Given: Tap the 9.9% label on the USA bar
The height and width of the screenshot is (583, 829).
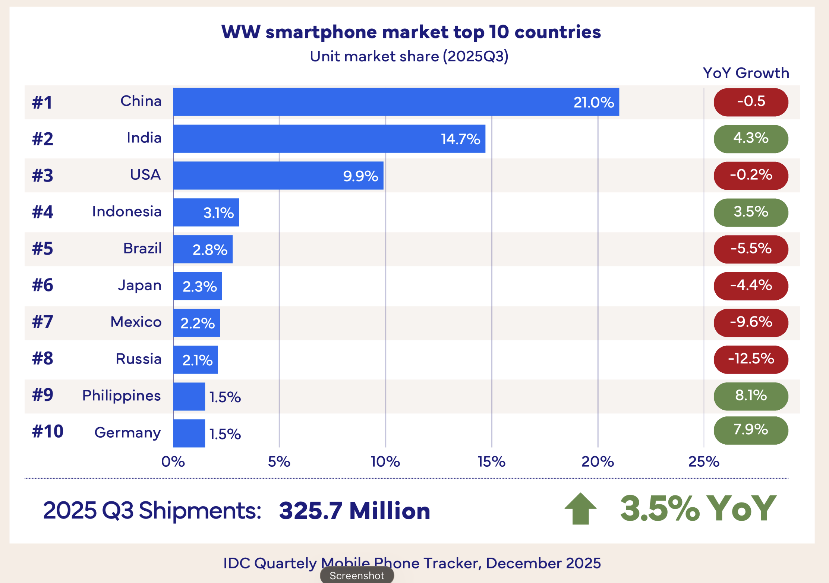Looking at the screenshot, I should point(360,176).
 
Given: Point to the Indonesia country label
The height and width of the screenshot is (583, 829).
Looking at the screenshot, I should point(127,211).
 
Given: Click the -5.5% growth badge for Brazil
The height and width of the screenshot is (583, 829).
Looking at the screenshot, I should point(751,249).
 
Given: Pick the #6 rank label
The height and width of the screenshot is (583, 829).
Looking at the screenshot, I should point(43,285).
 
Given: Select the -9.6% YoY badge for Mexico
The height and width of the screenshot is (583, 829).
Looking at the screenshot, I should point(751,322).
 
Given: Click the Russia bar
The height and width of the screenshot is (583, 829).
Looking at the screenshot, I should point(195,360).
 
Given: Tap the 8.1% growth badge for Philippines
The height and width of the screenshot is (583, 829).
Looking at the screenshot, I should point(751,396).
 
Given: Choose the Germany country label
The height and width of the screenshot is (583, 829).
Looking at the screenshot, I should point(127,432).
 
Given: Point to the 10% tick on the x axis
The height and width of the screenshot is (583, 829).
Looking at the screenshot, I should point(385,462).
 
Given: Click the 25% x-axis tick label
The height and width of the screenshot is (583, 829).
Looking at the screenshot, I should point(703,462).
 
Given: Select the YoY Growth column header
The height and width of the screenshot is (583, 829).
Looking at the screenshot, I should point(746,73).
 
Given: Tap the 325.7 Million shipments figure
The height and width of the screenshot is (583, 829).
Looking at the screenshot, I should point(354,510).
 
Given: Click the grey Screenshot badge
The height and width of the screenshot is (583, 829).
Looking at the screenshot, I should point(357,576).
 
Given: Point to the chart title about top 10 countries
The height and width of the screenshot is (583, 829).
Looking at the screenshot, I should point(411,32).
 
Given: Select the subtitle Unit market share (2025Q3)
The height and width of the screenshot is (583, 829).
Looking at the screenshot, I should point(409,56).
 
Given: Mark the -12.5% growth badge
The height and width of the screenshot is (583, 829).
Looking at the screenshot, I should point(751,359).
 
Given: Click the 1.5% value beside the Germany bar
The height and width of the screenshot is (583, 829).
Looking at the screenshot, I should point(225,434).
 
